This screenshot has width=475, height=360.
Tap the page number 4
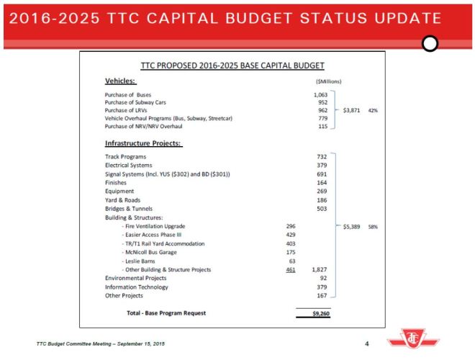tap(367, 343)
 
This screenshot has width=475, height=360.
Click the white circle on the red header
tap(430, 44)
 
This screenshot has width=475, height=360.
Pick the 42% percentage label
tap(374, 111)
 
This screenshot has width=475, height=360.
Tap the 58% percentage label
tap(374, 226)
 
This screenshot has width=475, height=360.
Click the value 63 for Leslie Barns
tap(291, 261)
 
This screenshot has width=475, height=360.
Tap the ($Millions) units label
tap(324, 82)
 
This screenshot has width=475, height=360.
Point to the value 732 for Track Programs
tap(322, 156)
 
